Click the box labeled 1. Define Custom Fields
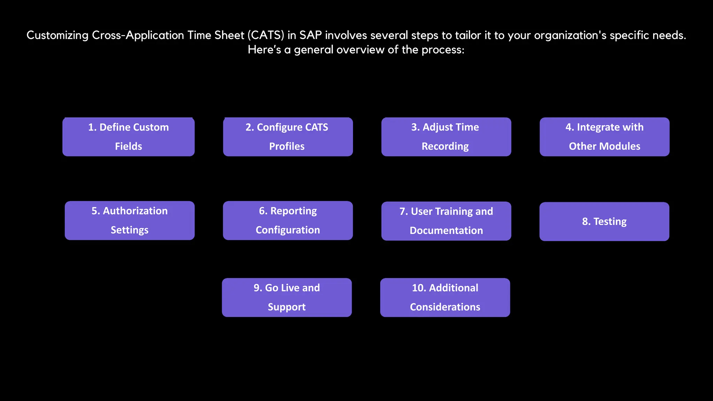pyautogui.click(x=128, y=137)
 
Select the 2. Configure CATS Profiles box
pyautogui.click(x=288, y=137)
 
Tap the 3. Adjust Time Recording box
pyautogui.click(x=446, y=137)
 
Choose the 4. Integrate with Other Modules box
pyautogui.click(x=604, y=137)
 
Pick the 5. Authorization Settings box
pyautogui.click(x=130, y=220)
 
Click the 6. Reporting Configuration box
pyautogui.click(x=288, y=220)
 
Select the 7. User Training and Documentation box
pyautogui.click(x=446, y=221)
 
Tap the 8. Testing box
pyautogui.click(x=604, y=221)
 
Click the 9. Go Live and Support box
pyautogui.click(x=287, y=297)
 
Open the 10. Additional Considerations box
pyautogui.click(x=445, y=297)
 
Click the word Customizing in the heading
pyautogui.click(x=57, y=35)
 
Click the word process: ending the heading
pyautogui.click(x=443, y=50)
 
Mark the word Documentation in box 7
pyautogui.click(x=446, y=230)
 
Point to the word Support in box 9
pyautogui.click(x=287, y=307)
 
